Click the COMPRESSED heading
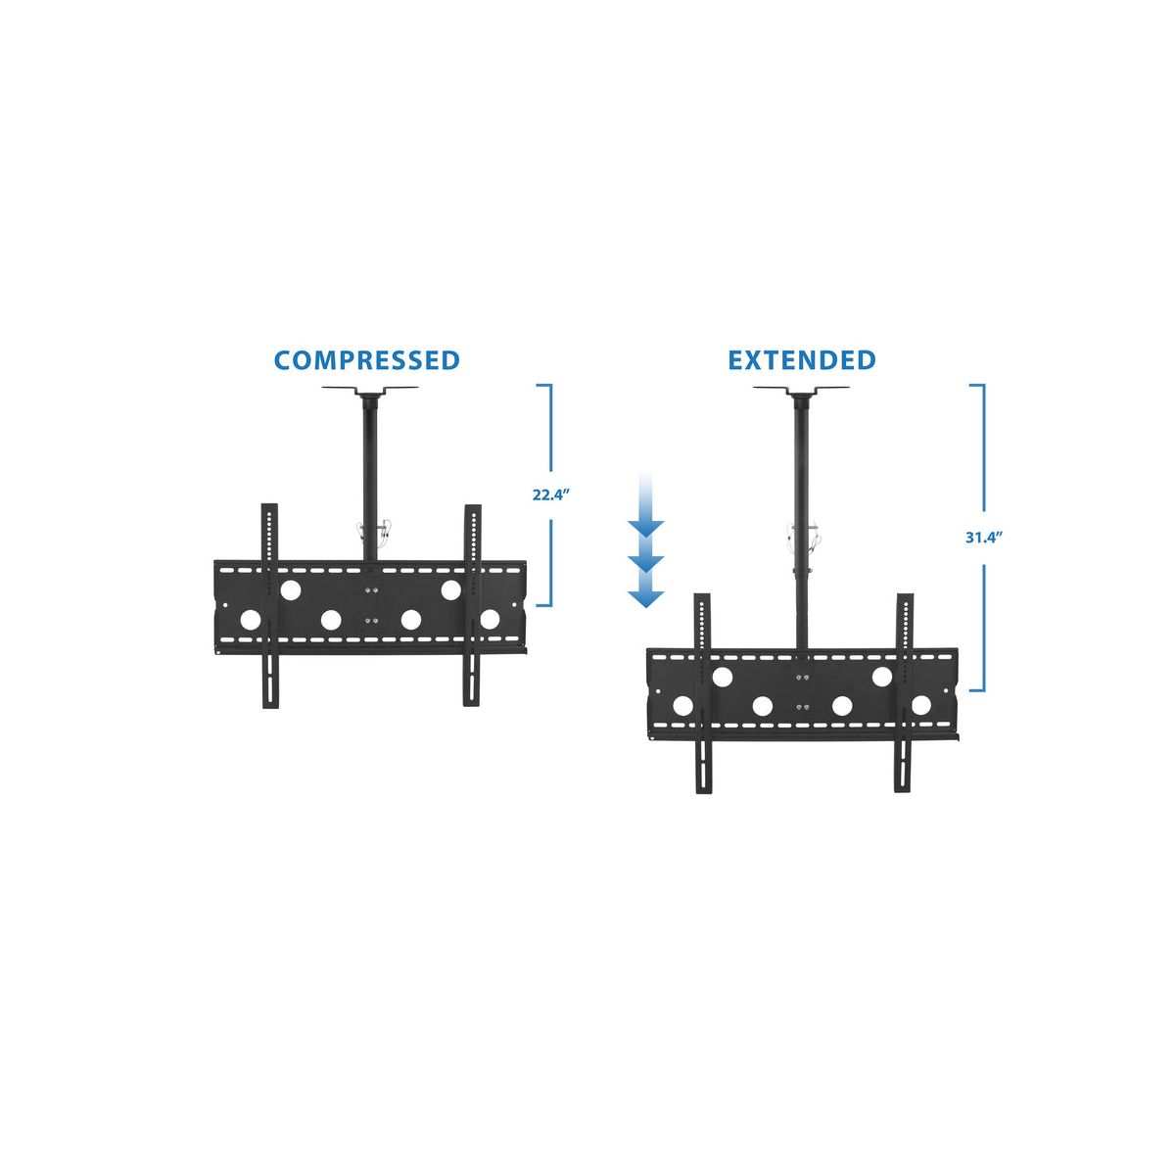(366, 360)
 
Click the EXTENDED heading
(801, 360)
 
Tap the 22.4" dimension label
(550, 494)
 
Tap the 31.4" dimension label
(983, 537)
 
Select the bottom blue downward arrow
(646, 595)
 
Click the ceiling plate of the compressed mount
(370, 391)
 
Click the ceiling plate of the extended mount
(801, 391)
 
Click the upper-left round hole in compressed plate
(290, 590)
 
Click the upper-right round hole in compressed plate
(450, 590)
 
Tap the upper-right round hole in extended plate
(882, 677)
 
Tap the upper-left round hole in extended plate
(723, 677)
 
